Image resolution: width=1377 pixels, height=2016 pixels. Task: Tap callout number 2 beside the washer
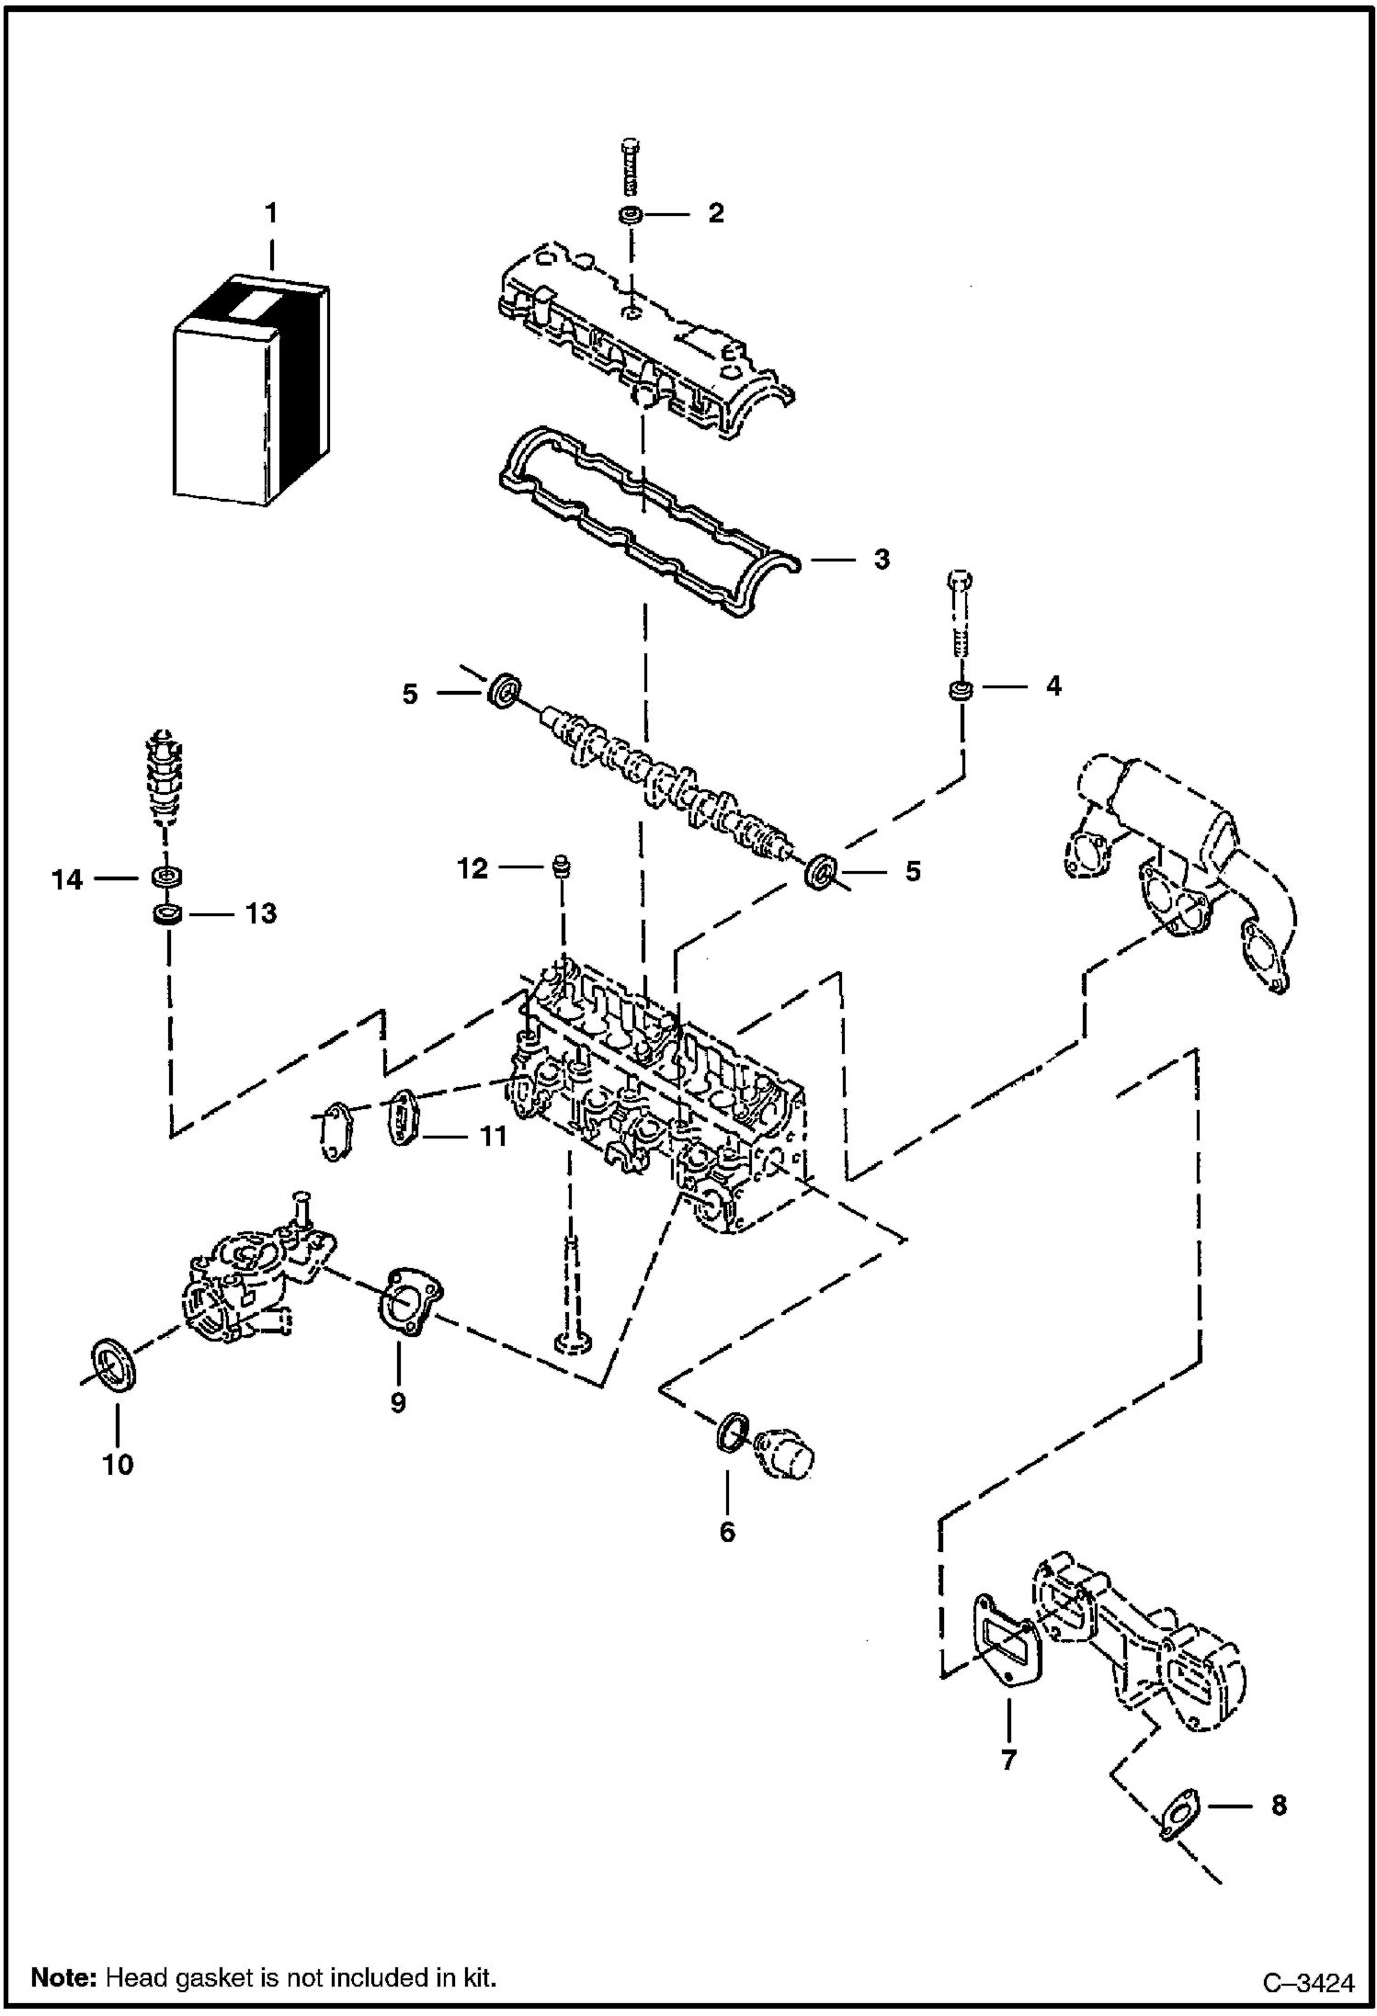tap(715, 213)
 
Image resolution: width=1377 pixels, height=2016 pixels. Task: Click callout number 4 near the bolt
tap(1053, 685)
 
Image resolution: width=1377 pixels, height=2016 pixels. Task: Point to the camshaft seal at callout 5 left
tap(505, 691)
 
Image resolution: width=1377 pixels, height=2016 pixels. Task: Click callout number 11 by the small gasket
tap(493, 1137)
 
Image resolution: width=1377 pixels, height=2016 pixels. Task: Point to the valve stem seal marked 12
tap(559, 866)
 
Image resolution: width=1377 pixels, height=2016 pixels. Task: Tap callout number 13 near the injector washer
tap(260, 913)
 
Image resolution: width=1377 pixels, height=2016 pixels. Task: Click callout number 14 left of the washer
tap(67, 880)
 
